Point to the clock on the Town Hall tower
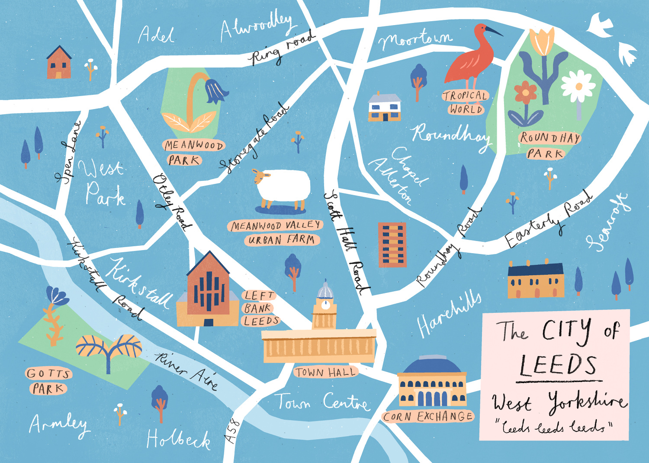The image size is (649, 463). [325, 305]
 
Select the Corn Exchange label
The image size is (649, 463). [428, 416]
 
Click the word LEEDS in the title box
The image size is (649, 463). [558, 365]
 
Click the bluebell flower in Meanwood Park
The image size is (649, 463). [217, 90]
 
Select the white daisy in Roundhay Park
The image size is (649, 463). [578, 86]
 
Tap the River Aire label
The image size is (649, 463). [186, 370]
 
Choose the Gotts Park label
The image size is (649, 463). [48, 381]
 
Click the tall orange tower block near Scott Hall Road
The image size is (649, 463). [392, 244]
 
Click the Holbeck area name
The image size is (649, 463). [178, 439]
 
